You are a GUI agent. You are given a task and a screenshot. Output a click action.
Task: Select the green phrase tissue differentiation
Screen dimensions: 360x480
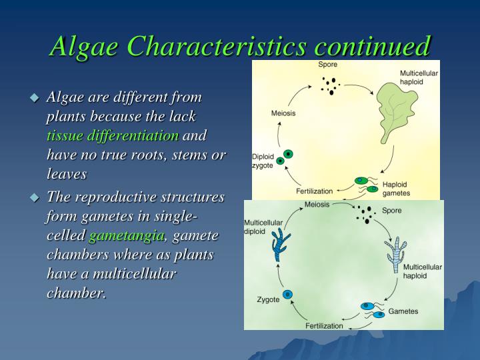pyautogui.click(x=113, y=135)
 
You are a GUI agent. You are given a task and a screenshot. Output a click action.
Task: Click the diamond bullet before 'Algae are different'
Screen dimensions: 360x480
pyautogui.click(x=35, y=97)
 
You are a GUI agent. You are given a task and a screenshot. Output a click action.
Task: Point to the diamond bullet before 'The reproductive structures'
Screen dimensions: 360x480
pyautogui.click(x=35, y=197)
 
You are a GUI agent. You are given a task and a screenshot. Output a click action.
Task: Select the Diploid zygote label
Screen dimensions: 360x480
pyautogui.click(x=263, y=161)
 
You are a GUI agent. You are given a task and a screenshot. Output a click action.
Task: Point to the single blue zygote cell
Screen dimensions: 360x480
pyautogui.click(x=288, y=295)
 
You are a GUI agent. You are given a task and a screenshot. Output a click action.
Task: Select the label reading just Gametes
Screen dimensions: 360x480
pyautogui.click(x=403, y=311)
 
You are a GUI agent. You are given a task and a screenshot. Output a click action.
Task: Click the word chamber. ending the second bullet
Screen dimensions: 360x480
pyautogui.click(x=76, y=293)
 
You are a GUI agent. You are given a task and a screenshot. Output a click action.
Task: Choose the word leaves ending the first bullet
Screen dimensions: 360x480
pyautogui.click(x=67, y=174)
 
